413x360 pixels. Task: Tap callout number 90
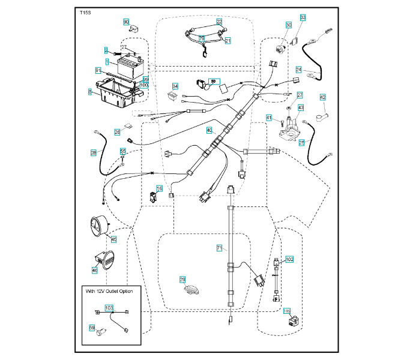[x=126, y=22]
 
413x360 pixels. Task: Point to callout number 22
[x=220, y=22]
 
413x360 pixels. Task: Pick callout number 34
[x=175, y=86]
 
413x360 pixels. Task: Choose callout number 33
[x=303, y=17]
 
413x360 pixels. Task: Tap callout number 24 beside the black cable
[x=298, y=70]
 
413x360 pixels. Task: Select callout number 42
[x=322, y=97]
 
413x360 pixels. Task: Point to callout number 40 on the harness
[x=210, y=130]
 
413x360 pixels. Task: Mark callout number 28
[x=94, y=154]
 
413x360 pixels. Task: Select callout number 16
[x=159, y=189]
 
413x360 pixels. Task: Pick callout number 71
[x=219, y=247]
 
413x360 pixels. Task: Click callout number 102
[x=289, y=260]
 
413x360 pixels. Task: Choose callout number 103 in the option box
[x=109, y=308]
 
